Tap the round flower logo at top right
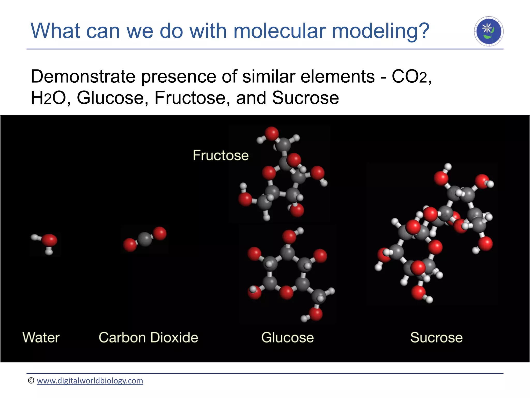click(489, 31)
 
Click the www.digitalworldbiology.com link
click(90, 381)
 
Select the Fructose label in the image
click(220, 155)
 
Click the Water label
click(41, 338)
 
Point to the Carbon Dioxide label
click(148, 338)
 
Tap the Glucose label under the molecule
click(287, 338)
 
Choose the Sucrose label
click(436, 338)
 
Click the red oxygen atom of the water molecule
click(49, 240)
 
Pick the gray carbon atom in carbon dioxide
click(144, 239)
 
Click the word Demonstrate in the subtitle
click(83, 77)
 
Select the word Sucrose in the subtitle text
click(305, 98)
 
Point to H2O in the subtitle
click(48, 98)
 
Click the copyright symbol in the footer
click(31, 381)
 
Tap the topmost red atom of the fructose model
click(271, 133)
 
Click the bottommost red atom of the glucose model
click(316, 314)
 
